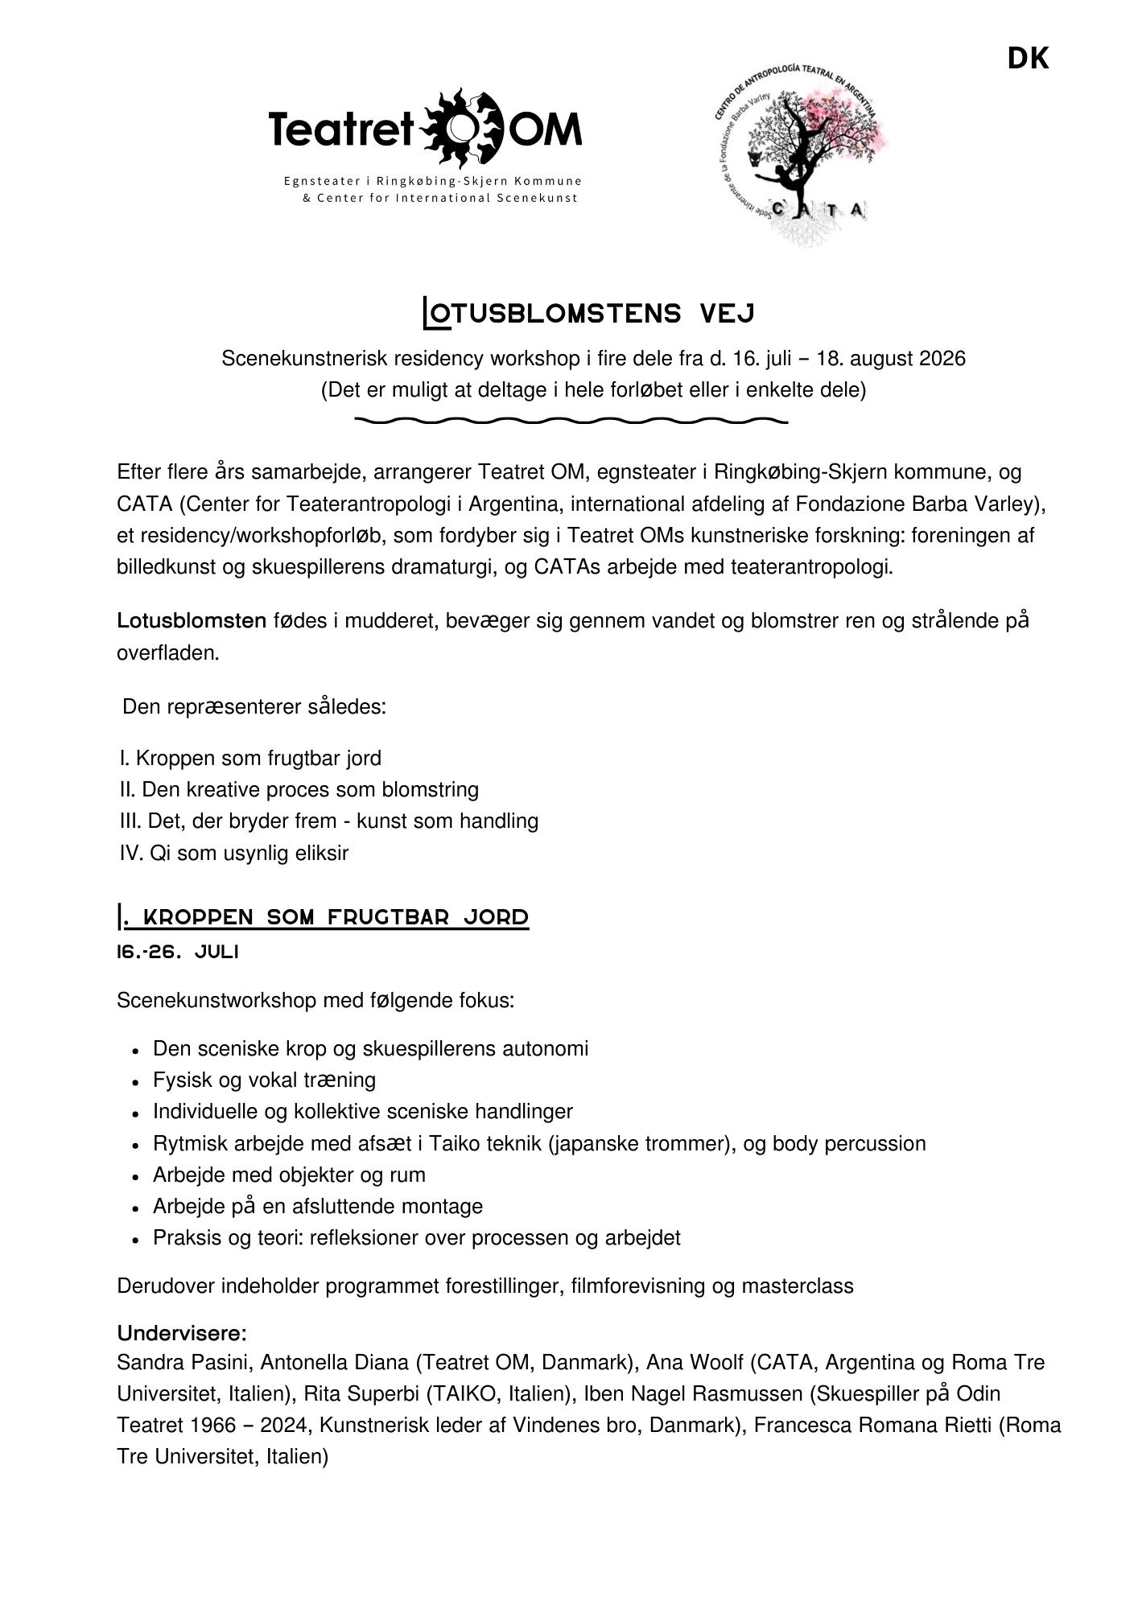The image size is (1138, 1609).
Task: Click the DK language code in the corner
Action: coord(1028,59)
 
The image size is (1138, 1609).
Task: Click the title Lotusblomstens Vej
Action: coord(588,313)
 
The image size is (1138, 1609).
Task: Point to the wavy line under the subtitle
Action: coord(571,420)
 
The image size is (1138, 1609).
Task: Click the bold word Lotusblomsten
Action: coord(192,621)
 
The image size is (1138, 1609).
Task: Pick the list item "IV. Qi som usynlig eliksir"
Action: coord(234,853)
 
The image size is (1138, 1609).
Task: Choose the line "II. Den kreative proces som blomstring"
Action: coord(299,789)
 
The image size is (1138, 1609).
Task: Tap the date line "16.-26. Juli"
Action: coord(178,952)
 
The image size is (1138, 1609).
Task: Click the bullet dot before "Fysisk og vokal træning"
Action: coord(136,1082)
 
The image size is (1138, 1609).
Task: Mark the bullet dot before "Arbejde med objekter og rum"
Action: coord(136,1177)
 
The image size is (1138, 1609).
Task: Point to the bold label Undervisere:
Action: coord(182,1333)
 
